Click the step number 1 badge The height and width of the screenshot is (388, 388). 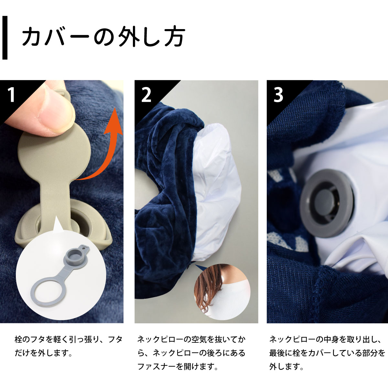point(11,94)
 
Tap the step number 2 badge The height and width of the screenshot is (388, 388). point(146,94)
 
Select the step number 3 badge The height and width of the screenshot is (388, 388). point(278,94)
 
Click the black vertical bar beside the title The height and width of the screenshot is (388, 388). point(5,38)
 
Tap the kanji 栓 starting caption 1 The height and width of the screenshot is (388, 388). point(18,339)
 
